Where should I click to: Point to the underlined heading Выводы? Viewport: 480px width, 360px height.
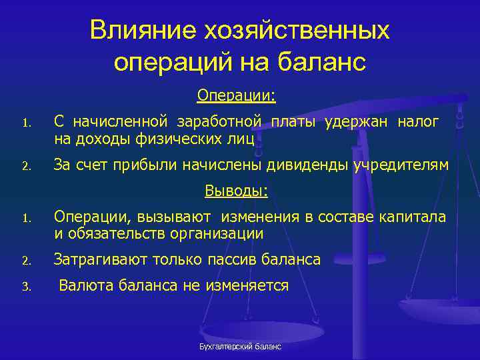(236, 192)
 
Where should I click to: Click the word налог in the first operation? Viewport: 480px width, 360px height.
(418, 122)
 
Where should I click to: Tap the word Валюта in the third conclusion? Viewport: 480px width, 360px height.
(86, 286)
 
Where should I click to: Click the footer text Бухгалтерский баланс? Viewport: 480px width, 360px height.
(240, 347)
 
